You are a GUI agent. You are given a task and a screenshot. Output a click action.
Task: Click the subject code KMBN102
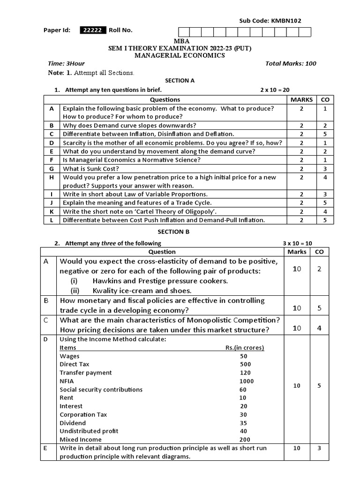289,21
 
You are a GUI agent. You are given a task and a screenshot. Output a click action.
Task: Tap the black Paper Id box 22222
93,30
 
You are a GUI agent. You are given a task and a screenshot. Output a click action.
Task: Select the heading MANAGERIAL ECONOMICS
180,55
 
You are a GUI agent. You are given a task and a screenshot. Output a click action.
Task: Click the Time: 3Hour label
66,64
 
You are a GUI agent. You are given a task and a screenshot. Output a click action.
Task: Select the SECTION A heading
180,81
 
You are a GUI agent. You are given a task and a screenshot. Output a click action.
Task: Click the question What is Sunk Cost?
91,169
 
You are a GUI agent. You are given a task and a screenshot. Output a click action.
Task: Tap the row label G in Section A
52,169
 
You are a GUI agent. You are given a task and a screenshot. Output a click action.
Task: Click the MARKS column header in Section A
301,99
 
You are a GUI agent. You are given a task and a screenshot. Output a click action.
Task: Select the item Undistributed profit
89,431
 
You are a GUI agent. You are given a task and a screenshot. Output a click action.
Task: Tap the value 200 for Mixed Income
244,440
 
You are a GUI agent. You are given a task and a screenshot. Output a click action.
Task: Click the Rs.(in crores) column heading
245,348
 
